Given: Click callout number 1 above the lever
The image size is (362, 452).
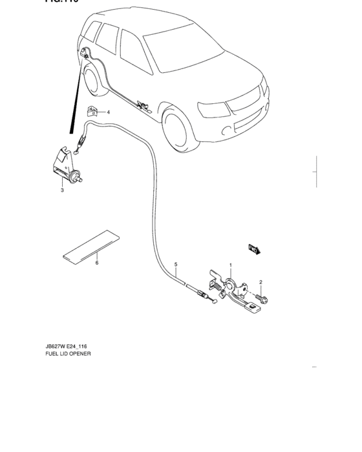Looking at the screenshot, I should click(x=229, y=265).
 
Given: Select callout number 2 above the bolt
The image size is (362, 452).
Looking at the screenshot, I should click(x=261, y=282).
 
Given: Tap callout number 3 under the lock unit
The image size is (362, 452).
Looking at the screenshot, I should click(x=62, y=190).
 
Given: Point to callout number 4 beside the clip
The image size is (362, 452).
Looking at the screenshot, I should click(x=108, y=112).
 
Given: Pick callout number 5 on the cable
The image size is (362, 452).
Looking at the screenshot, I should click(x=175, y=265).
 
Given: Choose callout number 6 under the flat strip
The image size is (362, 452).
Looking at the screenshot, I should click(x=96, y=263).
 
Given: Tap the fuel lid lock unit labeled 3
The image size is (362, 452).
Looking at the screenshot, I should click(x=66, y=166).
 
